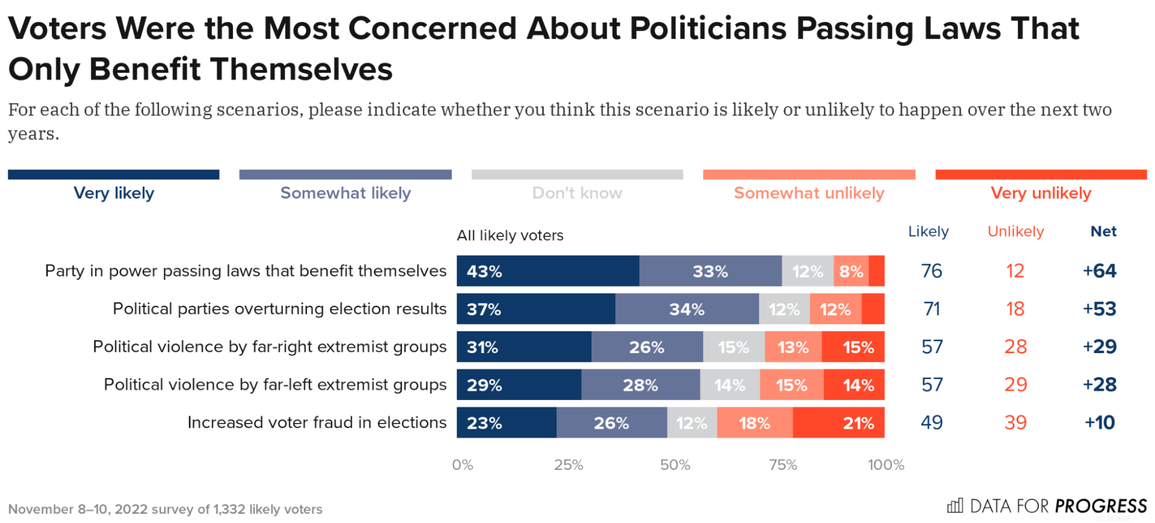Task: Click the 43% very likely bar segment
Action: (547, 271)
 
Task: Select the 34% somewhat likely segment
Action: (686, 309)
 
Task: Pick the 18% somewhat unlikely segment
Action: (755, 423)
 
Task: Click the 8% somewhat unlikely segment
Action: (851, 271)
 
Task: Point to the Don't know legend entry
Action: (577, 193)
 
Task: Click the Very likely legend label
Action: (114, 193)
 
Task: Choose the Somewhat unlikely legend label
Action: (809, 193)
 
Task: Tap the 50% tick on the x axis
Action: (675, 465)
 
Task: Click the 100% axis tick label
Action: (886, 465)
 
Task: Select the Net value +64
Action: (1099, 271)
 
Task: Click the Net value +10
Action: (1099, 423)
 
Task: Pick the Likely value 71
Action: (931, 309)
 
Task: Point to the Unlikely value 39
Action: (1015, 423)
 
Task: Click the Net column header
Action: (1103, 232)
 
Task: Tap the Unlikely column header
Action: (1015, 232)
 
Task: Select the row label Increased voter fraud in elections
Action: (317, 423)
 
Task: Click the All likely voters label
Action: (510, 236)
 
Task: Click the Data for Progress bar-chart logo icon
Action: (955, 506)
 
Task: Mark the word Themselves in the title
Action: (301, 69)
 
